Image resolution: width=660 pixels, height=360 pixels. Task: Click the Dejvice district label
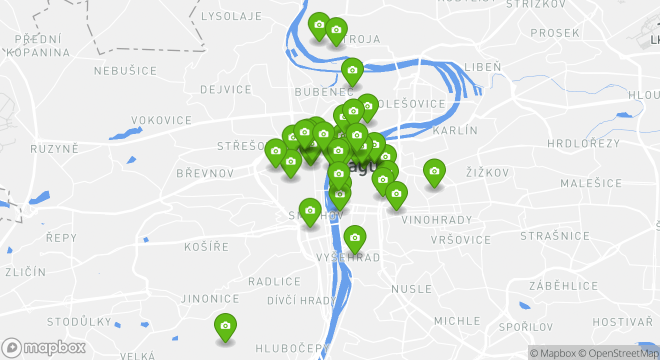pos(226,89)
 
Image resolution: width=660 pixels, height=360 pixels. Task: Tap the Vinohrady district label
pos(436,220)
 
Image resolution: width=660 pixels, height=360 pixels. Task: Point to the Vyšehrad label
pos(348,257)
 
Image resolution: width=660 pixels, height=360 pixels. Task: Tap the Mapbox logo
pos(43,347)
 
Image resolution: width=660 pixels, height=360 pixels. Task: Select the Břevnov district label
pos(205,173)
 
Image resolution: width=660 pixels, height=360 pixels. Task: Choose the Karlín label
pos(455,130)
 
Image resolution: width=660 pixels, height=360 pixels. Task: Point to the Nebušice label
pos(125,71)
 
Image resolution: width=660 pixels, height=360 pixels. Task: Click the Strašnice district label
pos(555,236)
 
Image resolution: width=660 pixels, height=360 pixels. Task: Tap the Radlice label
pos(274,281)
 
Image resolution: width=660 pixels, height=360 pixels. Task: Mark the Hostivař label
pos(622,321)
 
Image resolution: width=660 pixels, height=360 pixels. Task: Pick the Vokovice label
pos(161,120)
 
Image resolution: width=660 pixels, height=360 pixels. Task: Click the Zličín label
pos(25,272)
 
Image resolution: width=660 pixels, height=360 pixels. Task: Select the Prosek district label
pos(555,33)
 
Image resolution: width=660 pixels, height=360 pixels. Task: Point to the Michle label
pos(457,321)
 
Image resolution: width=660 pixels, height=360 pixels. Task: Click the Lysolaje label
pos(231,16)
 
